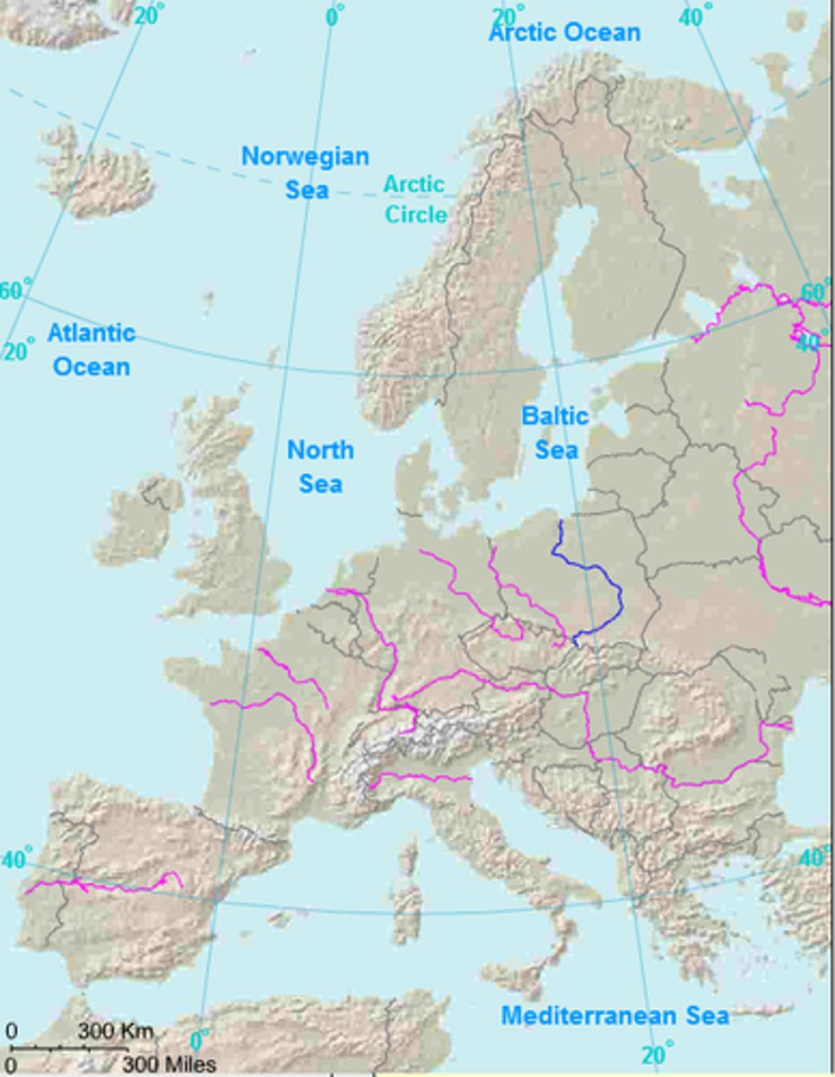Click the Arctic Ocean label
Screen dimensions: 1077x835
pyautogui.click(x=564, y=33)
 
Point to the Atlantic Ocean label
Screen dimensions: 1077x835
pyautogui.click(x=91, y=349)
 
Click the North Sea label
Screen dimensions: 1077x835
pyautogui.click(x=320, y=466)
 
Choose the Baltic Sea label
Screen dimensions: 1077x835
pyautogui.click(x=556, y=433)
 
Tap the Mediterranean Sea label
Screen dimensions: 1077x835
pyautogui.click(x=614, y=1016)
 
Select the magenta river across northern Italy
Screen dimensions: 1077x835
pyautogui.click(x=422, y=777)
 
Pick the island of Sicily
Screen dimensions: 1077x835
pyautogui.click(x=525, y=978)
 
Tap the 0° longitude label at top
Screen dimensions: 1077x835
pyautogui.click(x=334, y=15)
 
